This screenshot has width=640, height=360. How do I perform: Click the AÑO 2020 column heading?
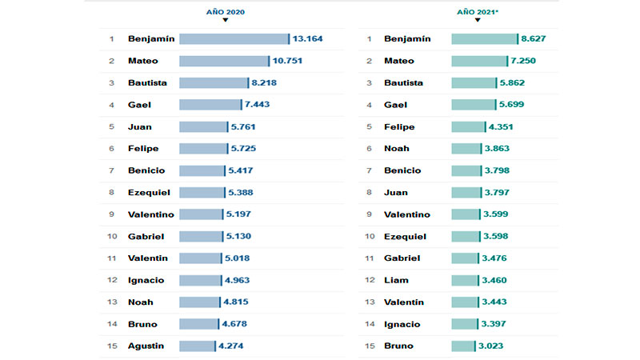[225, 12]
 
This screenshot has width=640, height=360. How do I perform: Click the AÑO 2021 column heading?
[478, 12]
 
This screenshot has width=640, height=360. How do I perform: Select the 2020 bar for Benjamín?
[234, 38]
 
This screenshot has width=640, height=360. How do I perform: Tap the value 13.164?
[307, 38]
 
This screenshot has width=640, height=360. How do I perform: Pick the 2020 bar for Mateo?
[224, 61]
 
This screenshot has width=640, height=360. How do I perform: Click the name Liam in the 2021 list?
[396, 280]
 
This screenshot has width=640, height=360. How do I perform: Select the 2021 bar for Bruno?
[462, 346]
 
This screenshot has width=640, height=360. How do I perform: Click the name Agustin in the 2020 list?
[146, 346]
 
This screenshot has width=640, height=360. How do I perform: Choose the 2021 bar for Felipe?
[468, 126]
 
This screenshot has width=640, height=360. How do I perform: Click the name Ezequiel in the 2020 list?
[149, 192]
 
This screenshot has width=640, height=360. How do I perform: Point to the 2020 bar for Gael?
[210, 104]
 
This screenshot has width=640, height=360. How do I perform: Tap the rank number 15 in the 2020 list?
[112, 346]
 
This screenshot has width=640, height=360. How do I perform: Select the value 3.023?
[494, 346]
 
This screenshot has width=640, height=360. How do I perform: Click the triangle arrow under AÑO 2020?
[225, 21]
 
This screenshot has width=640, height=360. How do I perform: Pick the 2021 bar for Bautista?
[473, 82]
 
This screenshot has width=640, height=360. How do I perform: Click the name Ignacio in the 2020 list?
[147, 280]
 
